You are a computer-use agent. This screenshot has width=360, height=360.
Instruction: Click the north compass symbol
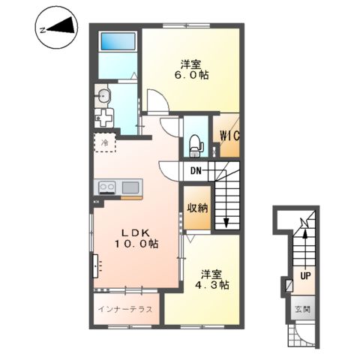[56, 27]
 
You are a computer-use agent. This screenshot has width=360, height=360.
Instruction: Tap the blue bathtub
[118, 42]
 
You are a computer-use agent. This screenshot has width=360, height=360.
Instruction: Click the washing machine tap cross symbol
[104, 118]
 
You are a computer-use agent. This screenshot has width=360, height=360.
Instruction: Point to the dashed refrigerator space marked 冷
[105, 142]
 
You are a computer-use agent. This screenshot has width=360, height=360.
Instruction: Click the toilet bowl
[196, 145]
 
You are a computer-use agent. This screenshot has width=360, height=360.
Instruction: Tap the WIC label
[229, 136]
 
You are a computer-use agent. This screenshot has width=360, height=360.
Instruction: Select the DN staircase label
[196, 170]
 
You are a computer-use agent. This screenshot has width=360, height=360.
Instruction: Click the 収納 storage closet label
[197, 208]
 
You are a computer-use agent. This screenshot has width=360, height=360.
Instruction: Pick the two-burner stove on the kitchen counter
[107, 187]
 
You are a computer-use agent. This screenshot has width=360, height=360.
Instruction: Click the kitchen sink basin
[130, 187]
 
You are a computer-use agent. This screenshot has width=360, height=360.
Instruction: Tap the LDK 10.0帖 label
[136, 238]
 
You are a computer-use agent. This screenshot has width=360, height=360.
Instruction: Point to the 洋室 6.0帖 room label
[191, 70]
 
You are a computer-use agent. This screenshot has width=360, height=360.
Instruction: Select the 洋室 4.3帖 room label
[212, 280]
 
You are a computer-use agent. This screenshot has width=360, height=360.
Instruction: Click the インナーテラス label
[125, 309]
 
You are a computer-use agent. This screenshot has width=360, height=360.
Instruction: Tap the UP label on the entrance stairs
[305, 276]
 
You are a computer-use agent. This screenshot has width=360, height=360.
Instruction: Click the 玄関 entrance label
[303, 310]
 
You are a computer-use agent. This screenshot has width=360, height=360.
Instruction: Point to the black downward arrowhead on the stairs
[226, 222]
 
